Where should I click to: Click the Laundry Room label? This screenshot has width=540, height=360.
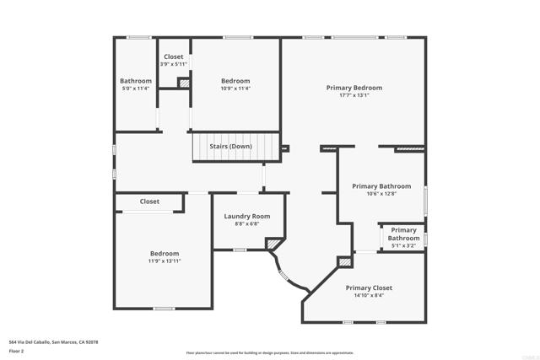246,217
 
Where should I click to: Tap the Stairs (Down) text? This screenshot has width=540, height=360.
235,146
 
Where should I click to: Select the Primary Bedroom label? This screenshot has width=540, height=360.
354,88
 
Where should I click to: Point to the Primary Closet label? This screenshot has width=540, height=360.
369,287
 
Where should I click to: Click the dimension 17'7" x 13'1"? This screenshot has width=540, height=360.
354,95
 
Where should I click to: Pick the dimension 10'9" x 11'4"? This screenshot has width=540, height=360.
235,89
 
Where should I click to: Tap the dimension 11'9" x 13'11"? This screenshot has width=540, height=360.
165,261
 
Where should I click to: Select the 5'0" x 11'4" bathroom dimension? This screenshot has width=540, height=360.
135,89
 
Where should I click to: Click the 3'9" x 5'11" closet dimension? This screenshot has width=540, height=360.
173,64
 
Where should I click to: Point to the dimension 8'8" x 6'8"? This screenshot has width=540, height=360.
246,224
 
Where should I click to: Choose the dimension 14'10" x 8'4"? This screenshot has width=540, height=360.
369,295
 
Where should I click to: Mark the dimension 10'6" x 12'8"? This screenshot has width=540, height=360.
381,194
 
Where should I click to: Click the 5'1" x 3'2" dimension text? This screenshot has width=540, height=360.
403,246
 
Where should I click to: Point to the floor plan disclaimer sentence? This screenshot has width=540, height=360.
270,352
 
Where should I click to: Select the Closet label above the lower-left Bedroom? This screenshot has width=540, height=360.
149,201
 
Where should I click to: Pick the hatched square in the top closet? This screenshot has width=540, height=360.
182,83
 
